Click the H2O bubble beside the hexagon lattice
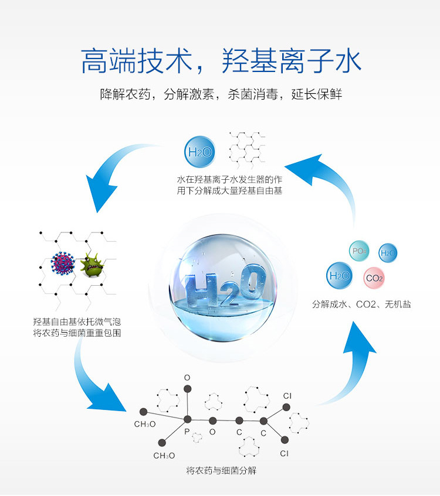[199, 153]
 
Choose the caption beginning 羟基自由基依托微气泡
[77, 327]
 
